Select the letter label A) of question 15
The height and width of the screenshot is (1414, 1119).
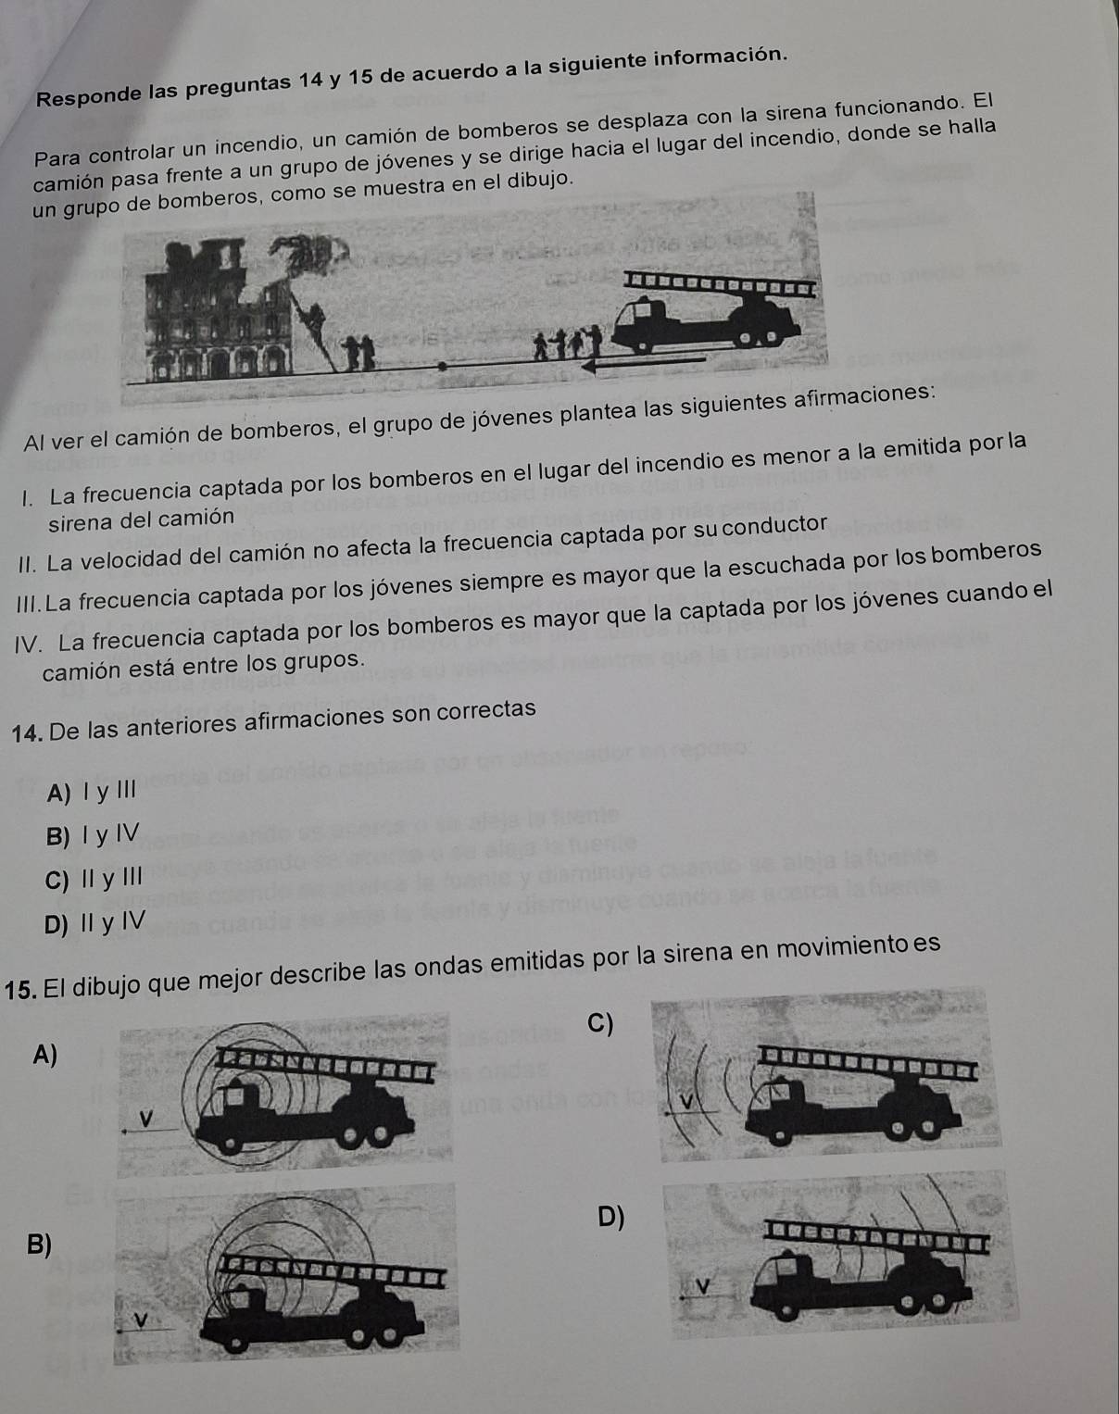click(x=44, y=1055)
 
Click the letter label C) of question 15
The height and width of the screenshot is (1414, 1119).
click(x=601, y=1024)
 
